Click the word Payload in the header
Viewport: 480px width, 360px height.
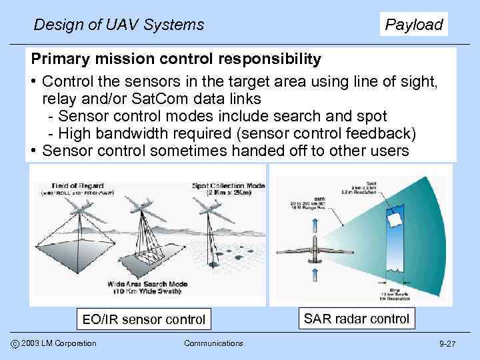[x=414, y=25]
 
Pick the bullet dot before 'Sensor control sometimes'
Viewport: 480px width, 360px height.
[x=33, y=150]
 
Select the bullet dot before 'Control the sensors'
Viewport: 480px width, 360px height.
[x=33, y=82]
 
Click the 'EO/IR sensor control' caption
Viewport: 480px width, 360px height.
[x=143, y=319]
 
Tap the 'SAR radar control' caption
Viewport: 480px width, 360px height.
[x=357, y=318]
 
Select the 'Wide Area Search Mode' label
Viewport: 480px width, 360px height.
[x=147, y=284]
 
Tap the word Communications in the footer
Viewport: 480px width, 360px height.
[x=213, y=343]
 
